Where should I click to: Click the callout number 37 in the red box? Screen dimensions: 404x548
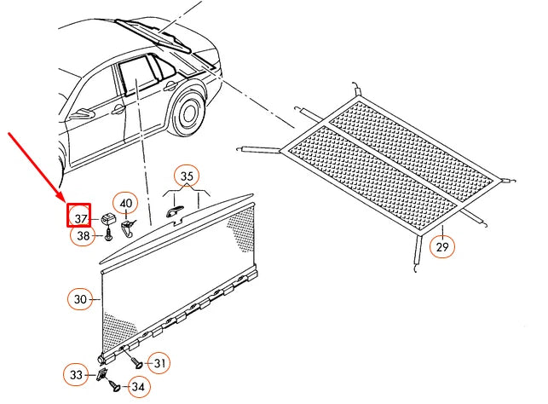point(80,218)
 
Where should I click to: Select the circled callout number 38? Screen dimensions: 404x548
point(82,237)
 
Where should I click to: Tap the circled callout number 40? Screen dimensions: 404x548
point(126,204)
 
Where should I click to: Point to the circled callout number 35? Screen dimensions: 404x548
point(187,177)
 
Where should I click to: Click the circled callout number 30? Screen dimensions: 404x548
point(80,299)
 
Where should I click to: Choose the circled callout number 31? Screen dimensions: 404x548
point(159,363)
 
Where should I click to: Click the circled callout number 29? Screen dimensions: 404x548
point(442,246)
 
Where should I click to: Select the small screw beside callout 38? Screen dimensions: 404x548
point(109,236)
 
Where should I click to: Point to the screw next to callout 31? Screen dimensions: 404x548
point(136,361)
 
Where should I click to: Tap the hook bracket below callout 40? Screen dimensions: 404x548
point(128,227)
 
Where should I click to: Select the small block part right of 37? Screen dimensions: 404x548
point(108,221)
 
